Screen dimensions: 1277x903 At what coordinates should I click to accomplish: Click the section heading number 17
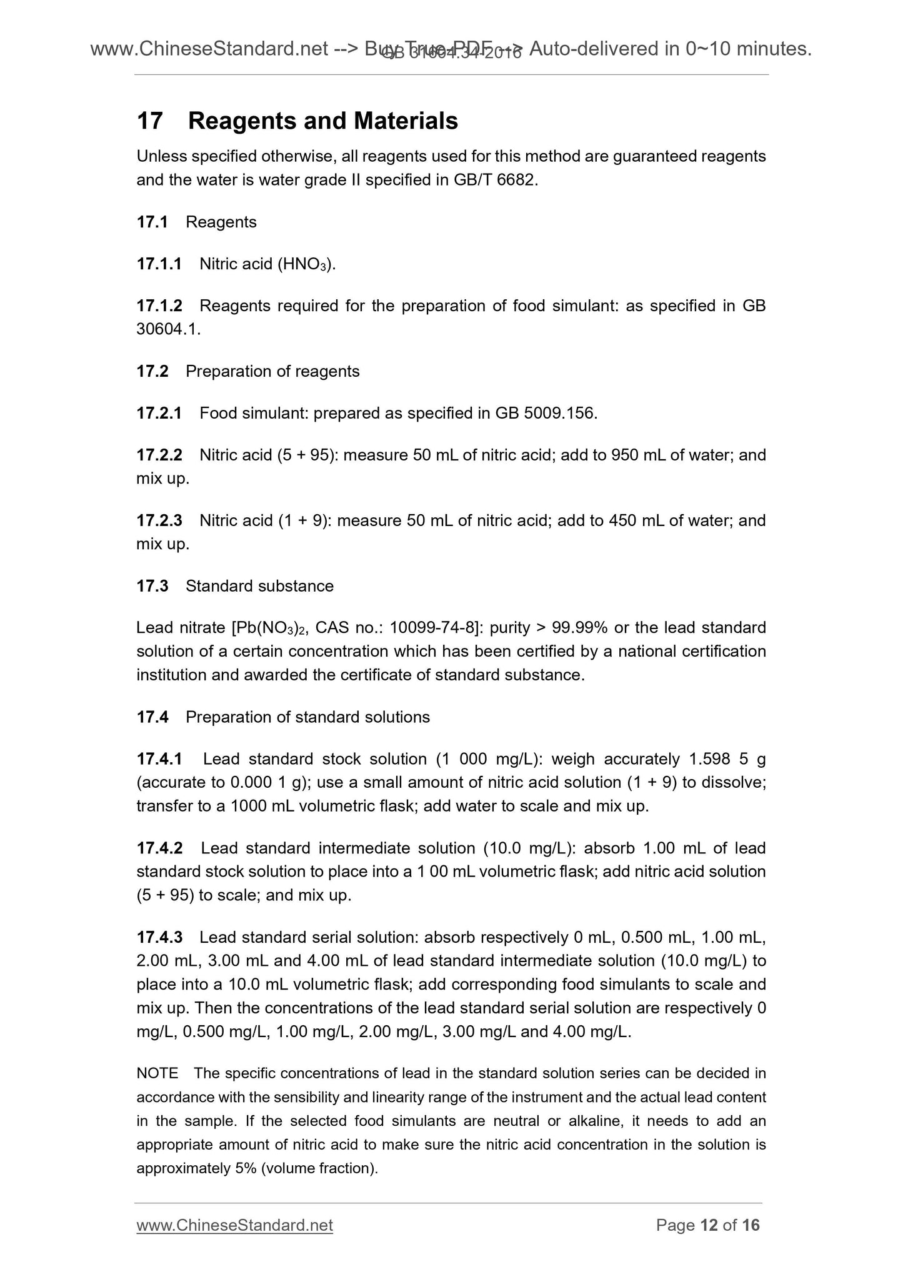point(149,121)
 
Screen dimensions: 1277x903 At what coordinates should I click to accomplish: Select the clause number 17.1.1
point(159,264)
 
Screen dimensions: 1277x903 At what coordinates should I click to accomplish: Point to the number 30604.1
point(168,330)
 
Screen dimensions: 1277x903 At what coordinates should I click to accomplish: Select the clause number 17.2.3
point(159,520)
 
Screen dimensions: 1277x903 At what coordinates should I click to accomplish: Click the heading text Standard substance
point(259,586)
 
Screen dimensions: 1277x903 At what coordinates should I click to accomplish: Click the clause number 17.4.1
point(159,759)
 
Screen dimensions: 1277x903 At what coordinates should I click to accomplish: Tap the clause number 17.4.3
point(159,937)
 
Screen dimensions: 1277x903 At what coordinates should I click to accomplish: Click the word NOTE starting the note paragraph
point(157,1074)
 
